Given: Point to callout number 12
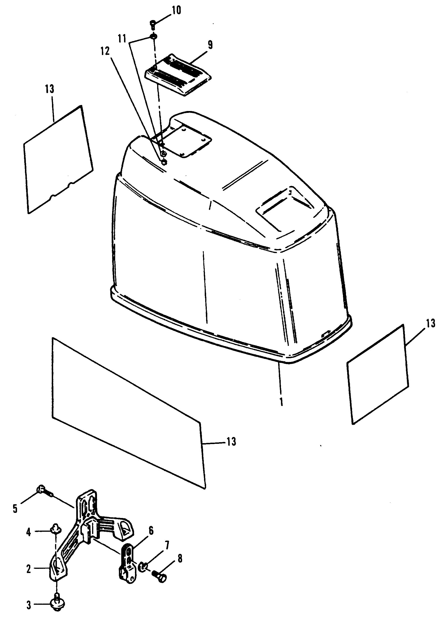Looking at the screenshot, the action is click(105, 51).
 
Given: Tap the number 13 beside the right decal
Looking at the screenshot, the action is click(430, 323).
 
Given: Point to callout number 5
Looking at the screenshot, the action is click(15, 509).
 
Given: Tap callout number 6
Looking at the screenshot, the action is click(151, 531).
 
